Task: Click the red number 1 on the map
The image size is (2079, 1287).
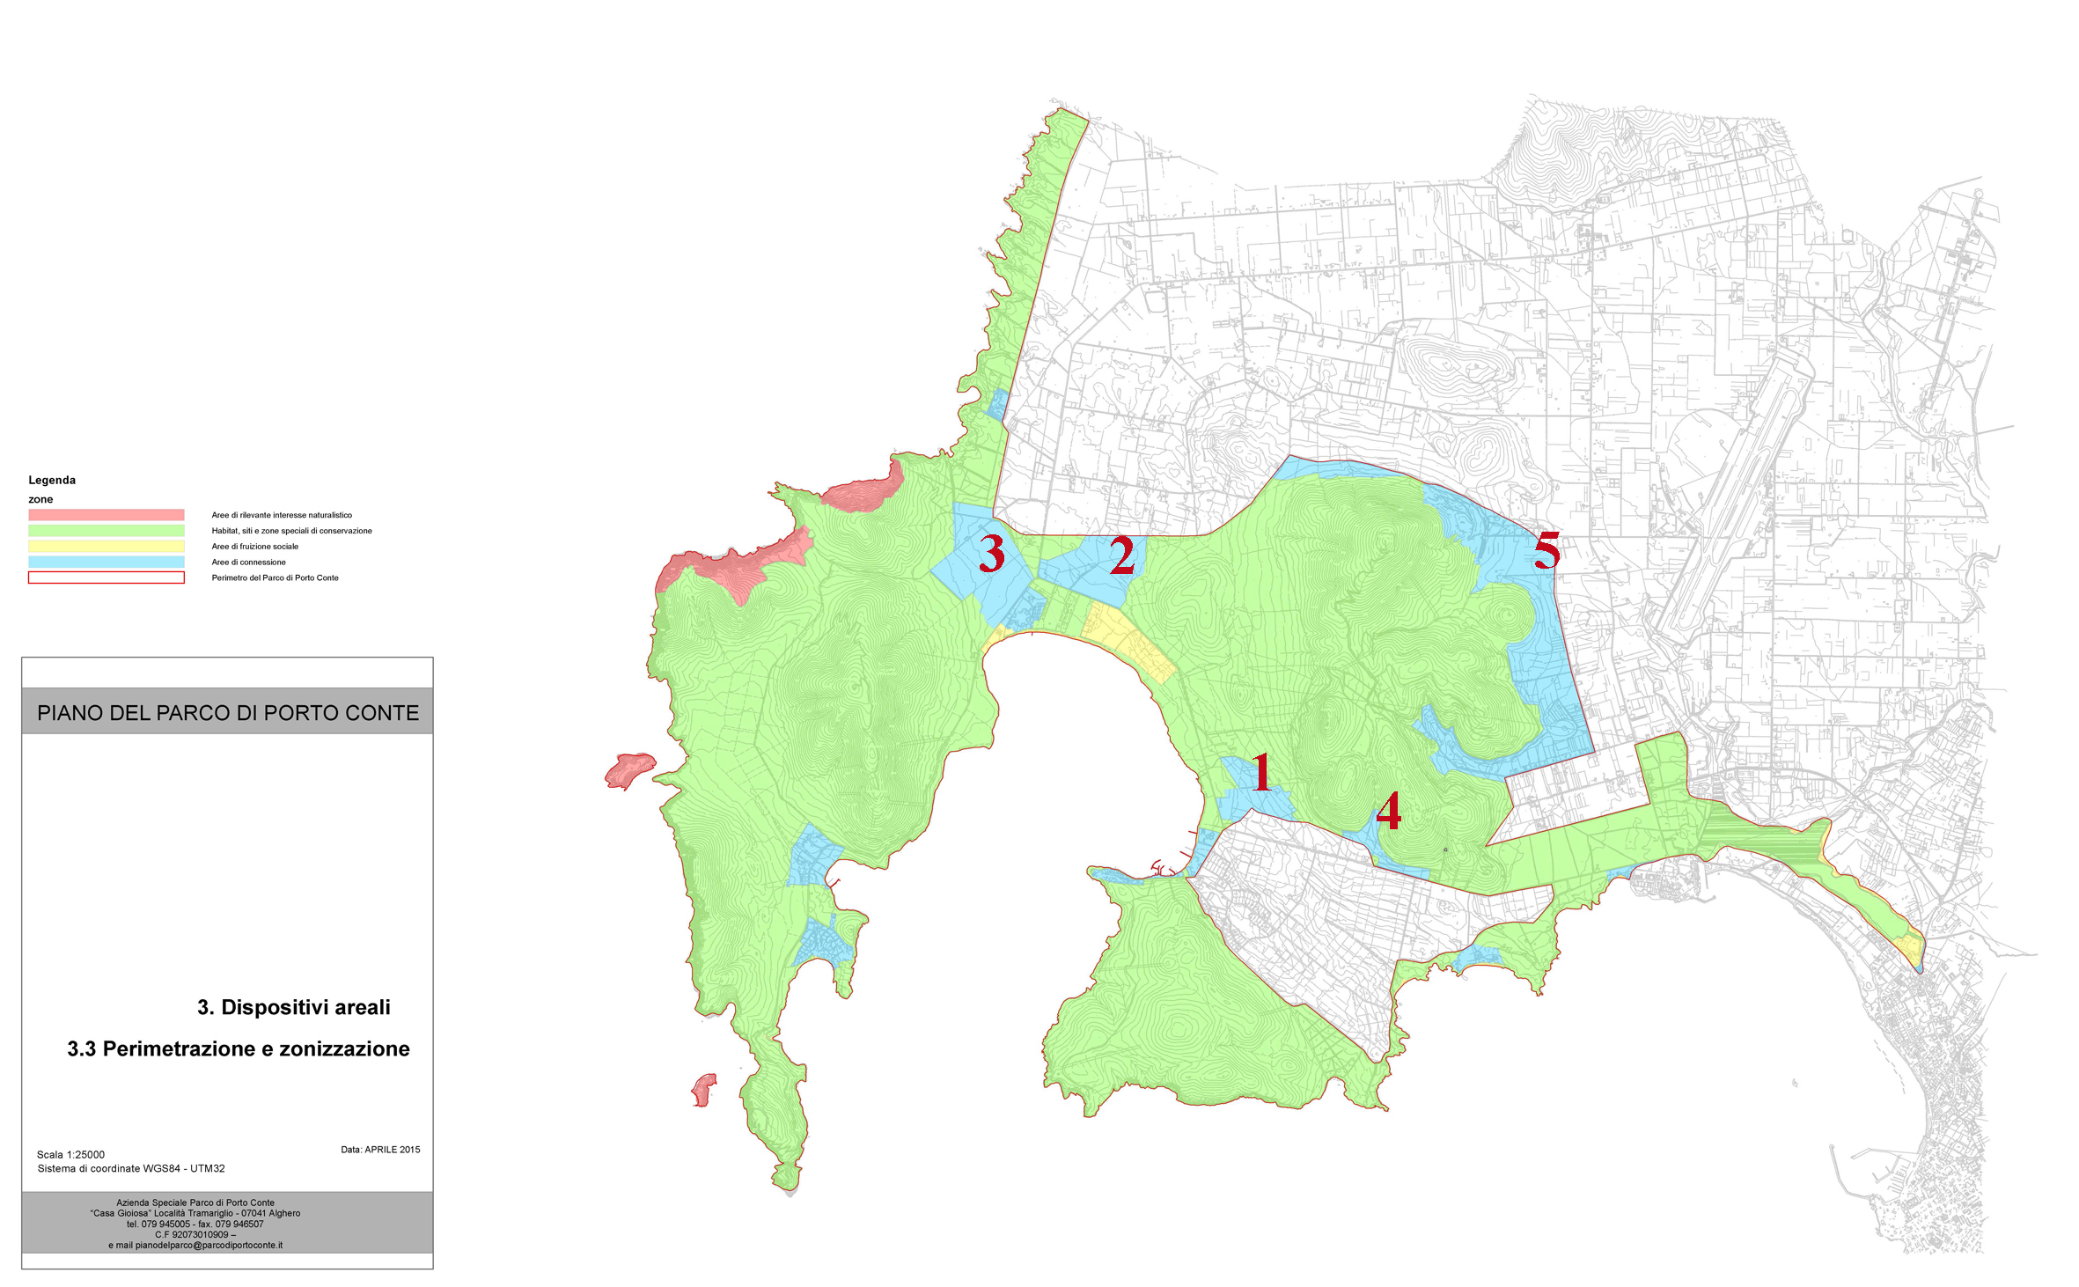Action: (1261, 772)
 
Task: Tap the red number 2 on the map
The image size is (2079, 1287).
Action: (1121, 555)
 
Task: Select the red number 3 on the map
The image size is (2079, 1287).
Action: (992, 554)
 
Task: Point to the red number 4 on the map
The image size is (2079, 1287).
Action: (1388, 811)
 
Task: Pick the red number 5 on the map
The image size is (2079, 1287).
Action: (1546, 551)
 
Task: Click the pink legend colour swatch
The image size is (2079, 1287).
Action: (106, 515)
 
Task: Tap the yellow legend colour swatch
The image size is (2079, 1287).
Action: (106, 547)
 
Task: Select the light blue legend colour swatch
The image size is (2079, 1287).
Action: (106, 562)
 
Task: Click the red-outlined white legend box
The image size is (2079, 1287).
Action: (106, 577)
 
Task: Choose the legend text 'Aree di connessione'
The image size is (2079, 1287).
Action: (248, 562)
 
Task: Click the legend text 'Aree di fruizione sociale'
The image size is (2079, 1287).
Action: (254, 547)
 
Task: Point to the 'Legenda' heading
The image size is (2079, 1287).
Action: (52, 480)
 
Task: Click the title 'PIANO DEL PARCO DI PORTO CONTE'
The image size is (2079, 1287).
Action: (228, 712)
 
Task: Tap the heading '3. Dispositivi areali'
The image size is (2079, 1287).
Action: (293, 1007)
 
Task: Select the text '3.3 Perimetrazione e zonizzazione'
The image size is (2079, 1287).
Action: (239, 1048)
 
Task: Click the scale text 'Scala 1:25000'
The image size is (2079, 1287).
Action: (70, 1154)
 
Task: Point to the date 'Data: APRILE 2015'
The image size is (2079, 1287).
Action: (380, 1149)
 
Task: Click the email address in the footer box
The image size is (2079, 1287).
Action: (195, 1245)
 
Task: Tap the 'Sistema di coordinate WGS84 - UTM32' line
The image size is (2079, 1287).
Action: (131, 1168)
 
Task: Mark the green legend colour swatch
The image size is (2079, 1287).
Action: (106, 531)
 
